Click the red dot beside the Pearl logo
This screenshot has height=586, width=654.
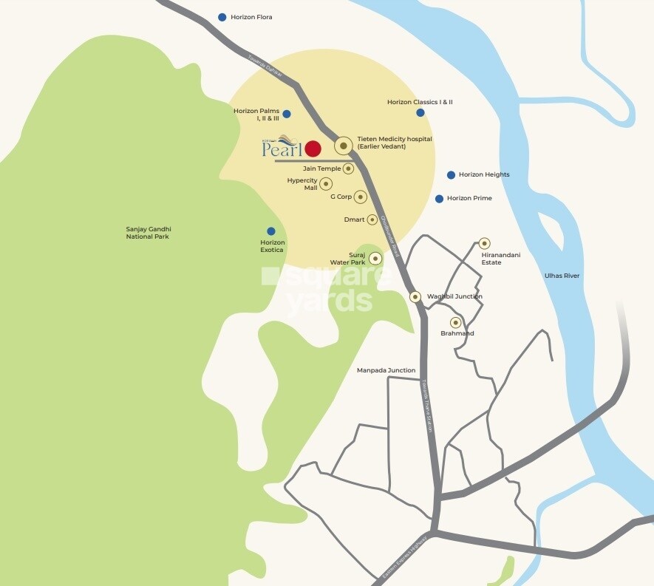(x=313, y=149)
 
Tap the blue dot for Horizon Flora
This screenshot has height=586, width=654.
(x=222, y=17)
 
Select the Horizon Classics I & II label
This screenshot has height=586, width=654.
(x=420, y=102)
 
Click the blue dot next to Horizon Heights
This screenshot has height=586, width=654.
(x=451, y=175)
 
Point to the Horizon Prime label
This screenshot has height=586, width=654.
(x=469, y=199)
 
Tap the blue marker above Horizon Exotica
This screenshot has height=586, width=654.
(x=271, y=231)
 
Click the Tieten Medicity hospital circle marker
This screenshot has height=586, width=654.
(x=344, y=146)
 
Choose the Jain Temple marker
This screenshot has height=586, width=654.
(x=348, y=168)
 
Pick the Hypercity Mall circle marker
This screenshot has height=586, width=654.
(x=326, y=183)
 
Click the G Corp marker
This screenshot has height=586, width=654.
(x=360, y=197)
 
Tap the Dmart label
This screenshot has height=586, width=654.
(x=355, y=219)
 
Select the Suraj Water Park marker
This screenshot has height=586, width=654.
(x=375, y=258)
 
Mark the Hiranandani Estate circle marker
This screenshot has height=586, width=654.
(x=484, y=243)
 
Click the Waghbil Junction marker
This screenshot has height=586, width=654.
(x=415, y=296)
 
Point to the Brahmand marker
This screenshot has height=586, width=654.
(x=455, y=322)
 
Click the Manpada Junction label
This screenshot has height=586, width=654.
(x=386, y=370)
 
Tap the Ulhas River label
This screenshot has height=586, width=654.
(x=562, y=276)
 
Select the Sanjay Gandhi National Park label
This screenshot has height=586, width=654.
(x=148, y=233)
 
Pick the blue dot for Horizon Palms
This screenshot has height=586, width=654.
(x=287, y=114)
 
